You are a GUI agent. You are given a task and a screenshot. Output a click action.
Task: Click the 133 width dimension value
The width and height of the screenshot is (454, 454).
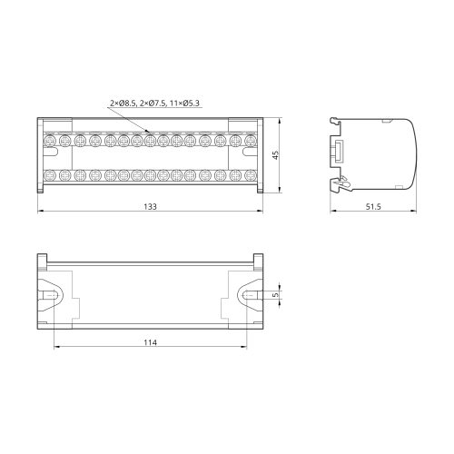(x=150, y=206)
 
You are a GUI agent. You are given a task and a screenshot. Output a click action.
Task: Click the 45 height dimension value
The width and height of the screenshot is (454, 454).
(x=275, y=155)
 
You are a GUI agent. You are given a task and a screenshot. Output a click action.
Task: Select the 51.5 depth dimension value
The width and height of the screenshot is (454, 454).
(x=373, y=206)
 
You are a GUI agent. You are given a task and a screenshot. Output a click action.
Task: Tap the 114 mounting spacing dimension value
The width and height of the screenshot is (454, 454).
(x=150, y=342)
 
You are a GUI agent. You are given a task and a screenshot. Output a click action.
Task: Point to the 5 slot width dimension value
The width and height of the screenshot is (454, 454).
(x=275, y=294)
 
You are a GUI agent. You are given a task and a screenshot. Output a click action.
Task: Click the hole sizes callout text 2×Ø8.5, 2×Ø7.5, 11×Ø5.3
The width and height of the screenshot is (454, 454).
(x=154, y=104)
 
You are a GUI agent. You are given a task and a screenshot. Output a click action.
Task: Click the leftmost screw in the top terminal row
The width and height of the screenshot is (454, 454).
(x=49, y=141)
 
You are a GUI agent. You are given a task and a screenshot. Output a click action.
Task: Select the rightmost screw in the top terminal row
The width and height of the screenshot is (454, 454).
(x=251, y=141)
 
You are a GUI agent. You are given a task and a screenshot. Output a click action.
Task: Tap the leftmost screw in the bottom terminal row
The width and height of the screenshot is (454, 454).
(x=49, y=175)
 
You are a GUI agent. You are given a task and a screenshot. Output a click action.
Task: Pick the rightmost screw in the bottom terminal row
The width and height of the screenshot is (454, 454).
(x=251, y=175)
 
